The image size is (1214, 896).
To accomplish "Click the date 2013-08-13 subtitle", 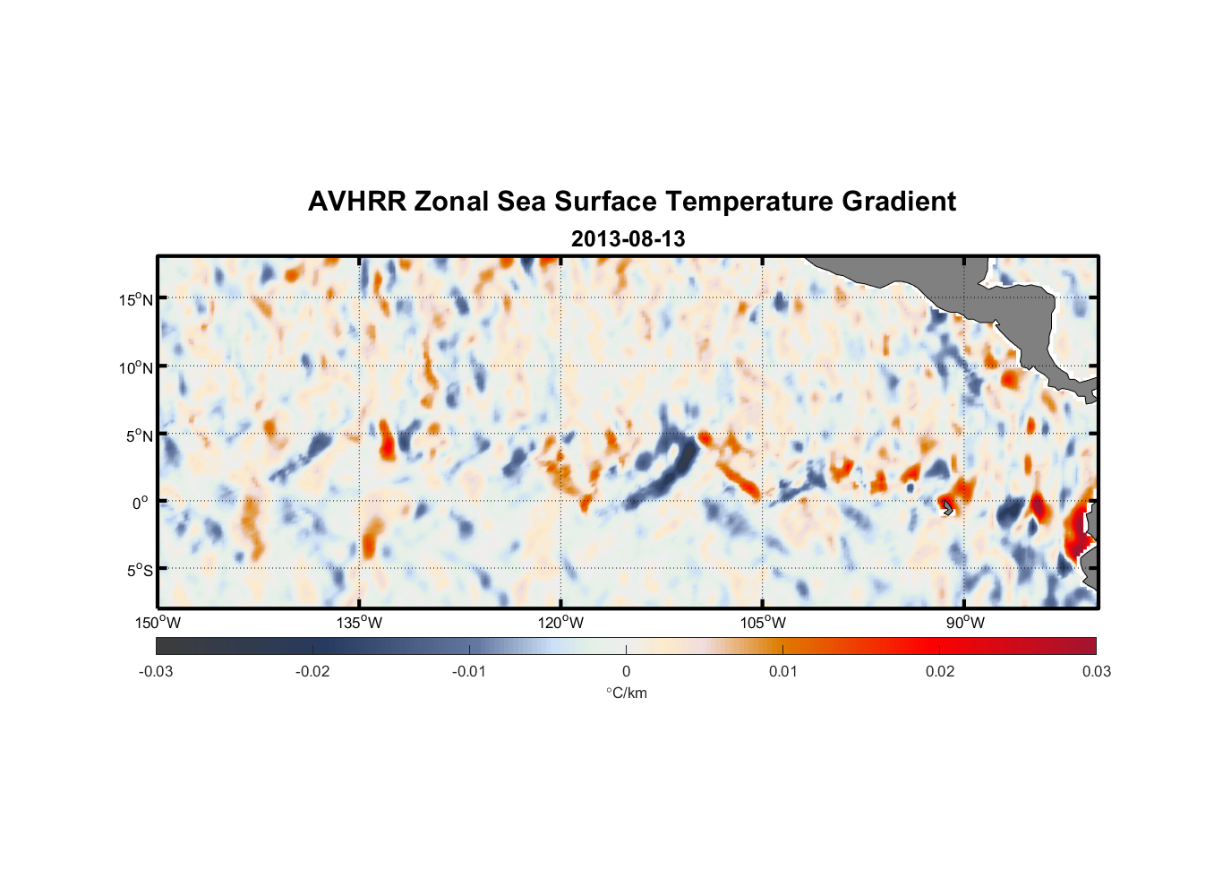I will (x=628, y=239).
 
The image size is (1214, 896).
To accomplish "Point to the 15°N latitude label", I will (x=135, y=299).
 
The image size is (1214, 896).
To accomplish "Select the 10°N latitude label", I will (x=135, y=367).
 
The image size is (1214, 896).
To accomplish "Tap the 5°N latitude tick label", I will (x=139, y=435).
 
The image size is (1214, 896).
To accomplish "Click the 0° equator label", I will (x=141, y=503).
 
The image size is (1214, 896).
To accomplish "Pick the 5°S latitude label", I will (x=139, y=570).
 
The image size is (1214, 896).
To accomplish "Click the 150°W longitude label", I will (x=158, y=623).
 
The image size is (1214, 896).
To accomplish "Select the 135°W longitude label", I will (x=359, y=623).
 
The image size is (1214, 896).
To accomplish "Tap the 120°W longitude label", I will (x=560, y=623).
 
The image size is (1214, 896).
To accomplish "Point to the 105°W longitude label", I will (x=763, y=623).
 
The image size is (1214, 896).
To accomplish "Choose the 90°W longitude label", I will (x=964, y=623).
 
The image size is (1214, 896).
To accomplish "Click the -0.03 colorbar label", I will (x=156, y=671).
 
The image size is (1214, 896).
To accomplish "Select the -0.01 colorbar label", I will (x=469, y=671).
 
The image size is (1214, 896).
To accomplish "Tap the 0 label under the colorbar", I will (x=626, y=671).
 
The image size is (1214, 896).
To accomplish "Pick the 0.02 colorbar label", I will (x=940, y=671).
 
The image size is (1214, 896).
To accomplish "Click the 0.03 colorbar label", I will (x=1096, y=671).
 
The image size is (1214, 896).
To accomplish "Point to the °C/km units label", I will (x=626, y=693).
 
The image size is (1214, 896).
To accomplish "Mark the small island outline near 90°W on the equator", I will (x=948, y=508).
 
